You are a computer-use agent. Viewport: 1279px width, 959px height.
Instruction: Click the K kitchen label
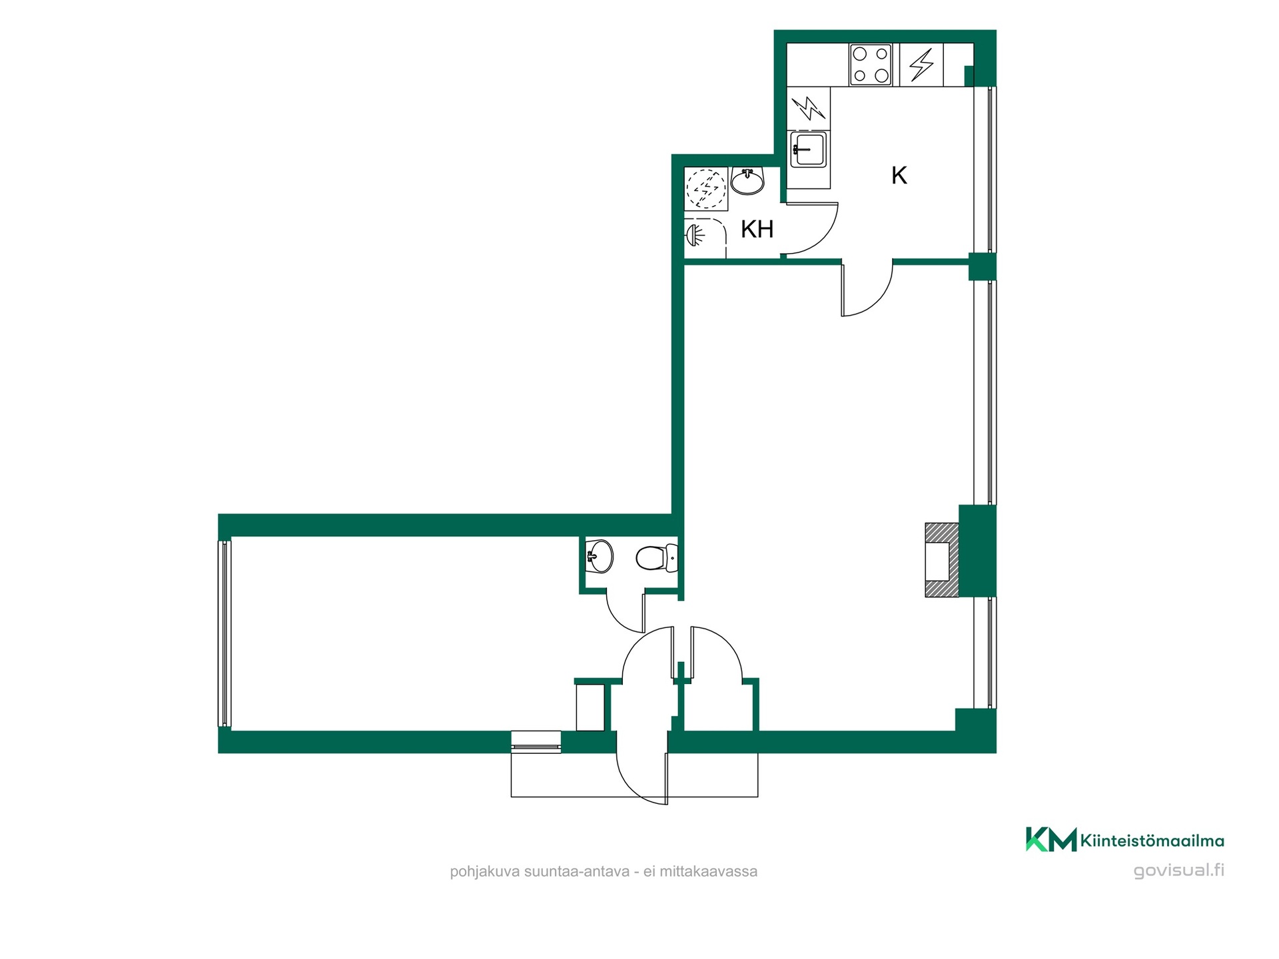tap(899, 176)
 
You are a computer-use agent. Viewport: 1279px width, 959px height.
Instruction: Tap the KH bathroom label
tap(757, 229)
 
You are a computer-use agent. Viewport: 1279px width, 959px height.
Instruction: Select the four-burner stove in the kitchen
tap(871, 65)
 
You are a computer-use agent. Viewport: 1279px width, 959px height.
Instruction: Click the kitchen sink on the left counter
tap(808, 149)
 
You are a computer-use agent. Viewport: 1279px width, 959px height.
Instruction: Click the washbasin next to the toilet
tap(599, 555)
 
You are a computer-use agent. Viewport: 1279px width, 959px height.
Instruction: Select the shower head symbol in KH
tap(694, 235)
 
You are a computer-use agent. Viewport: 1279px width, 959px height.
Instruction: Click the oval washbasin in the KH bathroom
tap(748, 180)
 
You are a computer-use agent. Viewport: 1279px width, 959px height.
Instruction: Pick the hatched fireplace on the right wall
tap(942, 559)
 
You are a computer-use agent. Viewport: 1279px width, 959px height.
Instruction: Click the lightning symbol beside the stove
tap(921, 65)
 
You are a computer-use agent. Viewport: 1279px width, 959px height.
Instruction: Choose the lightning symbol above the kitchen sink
tap(809, 108)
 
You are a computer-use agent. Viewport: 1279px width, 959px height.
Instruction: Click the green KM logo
tap(1051, 839)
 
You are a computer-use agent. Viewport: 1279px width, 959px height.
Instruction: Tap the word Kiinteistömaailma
tap(1152, 841)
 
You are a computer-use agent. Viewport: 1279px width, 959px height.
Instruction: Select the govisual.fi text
tap(1178, 871)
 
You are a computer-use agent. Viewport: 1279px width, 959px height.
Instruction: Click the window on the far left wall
tap(224, 633)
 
